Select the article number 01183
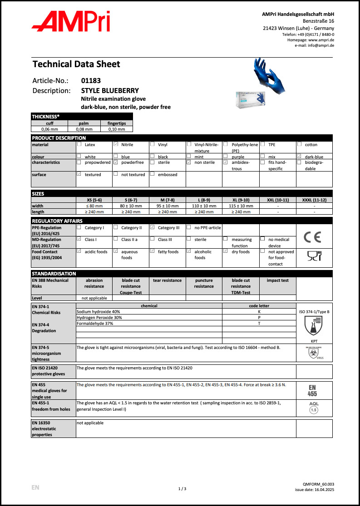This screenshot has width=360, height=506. [x=91, y=81]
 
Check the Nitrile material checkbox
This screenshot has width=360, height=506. [x=116, y=144]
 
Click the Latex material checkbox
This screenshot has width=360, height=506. [x=79, y=144]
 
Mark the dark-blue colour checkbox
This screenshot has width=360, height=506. [x=299, y=157]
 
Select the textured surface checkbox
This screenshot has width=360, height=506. [x=79, y=174]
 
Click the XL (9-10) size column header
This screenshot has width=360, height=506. [x=241, y=200]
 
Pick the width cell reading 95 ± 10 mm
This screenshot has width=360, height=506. [x=167, y=206]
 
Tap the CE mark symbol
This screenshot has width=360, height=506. [x=314, y=236]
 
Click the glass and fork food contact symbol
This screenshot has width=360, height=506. [x=314, y=258]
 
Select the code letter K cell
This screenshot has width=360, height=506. [x=259, y=312]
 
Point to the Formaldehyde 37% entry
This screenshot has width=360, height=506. [x=95, y=324]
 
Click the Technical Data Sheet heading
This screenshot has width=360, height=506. [x=76, y=64]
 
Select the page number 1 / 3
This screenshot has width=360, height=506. [x=182, y=489]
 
